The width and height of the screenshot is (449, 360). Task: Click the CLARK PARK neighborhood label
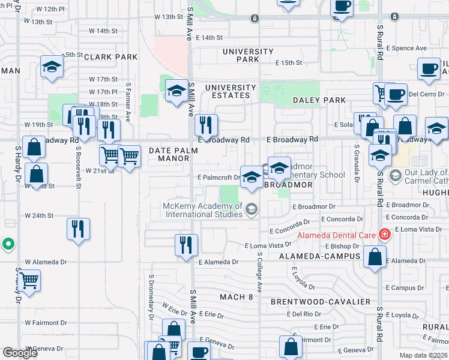pos(111,57)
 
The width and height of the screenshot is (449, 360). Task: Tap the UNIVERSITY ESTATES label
pos(227,91)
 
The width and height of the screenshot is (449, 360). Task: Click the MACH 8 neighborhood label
pos(237,297)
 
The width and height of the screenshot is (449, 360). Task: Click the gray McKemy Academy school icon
pos(252,209)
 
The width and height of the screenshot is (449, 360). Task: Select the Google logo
pos(20,353)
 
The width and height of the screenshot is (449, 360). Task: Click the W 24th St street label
pos(39,215)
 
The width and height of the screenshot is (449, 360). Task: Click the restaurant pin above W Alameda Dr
pos(78,229)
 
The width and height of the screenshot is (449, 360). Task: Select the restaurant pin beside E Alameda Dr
pos(186,244)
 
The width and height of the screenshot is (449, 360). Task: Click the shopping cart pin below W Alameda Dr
pos(29,280)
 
